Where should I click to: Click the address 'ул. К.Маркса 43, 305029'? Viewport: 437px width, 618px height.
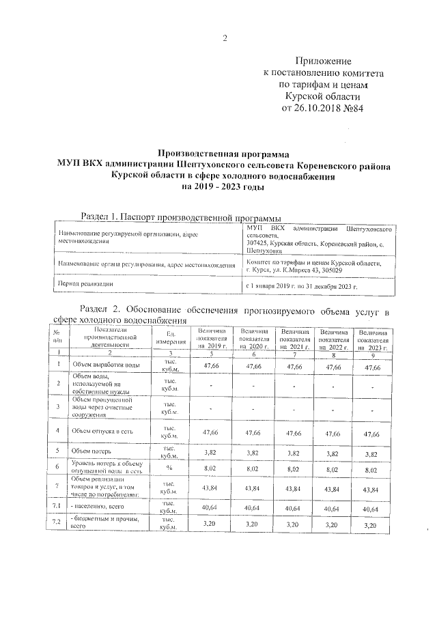(302, 270)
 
